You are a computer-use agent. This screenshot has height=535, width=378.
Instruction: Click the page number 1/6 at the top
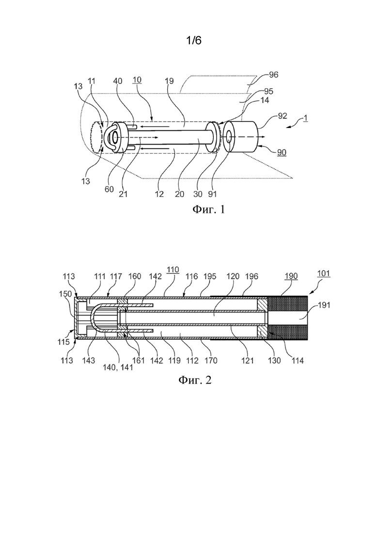pyautogui.click(x=194, y=41)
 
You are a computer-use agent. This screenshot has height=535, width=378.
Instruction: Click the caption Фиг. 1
pyautogui.click(x=208, y=209)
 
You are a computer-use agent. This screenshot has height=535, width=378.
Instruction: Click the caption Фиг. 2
pyautogui.click(x=195, y=380)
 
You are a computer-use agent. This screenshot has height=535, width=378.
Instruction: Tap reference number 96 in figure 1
pyautogui.click(x=273, y=75)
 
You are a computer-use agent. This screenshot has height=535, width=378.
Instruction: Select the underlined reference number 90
pyautogui.click(x=282, y=152)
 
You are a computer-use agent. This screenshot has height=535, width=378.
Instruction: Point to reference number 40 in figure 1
pyautogui.click(x=118, y=81)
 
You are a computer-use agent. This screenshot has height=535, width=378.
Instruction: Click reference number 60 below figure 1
pyautogui.click(x=109, y=189)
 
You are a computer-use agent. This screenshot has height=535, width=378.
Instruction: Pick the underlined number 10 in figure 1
pyautogui.click(x=137, y=80)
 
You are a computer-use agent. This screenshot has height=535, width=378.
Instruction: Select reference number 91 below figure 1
pyautogui.click(x=212, y=194)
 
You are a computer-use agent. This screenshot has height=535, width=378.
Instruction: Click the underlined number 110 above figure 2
pyautogui.click(x=173, y=270)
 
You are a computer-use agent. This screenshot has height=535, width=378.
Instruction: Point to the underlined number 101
pyautogui.click(x=324, y=274)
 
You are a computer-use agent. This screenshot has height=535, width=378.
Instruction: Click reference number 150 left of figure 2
pyautogui.click(x=65, y=294)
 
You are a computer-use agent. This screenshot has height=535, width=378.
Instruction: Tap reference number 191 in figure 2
pyautogui.click(x=324, y=305)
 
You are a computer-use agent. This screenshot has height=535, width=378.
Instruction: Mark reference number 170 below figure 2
pyautogui.click(x=211, y=360)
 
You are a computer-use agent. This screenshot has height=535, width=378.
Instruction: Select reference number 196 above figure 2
pyautogui.click(x=252, y=276)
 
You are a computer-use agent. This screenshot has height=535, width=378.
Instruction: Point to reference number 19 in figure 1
pyautogui.click(x=169, y=81)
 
